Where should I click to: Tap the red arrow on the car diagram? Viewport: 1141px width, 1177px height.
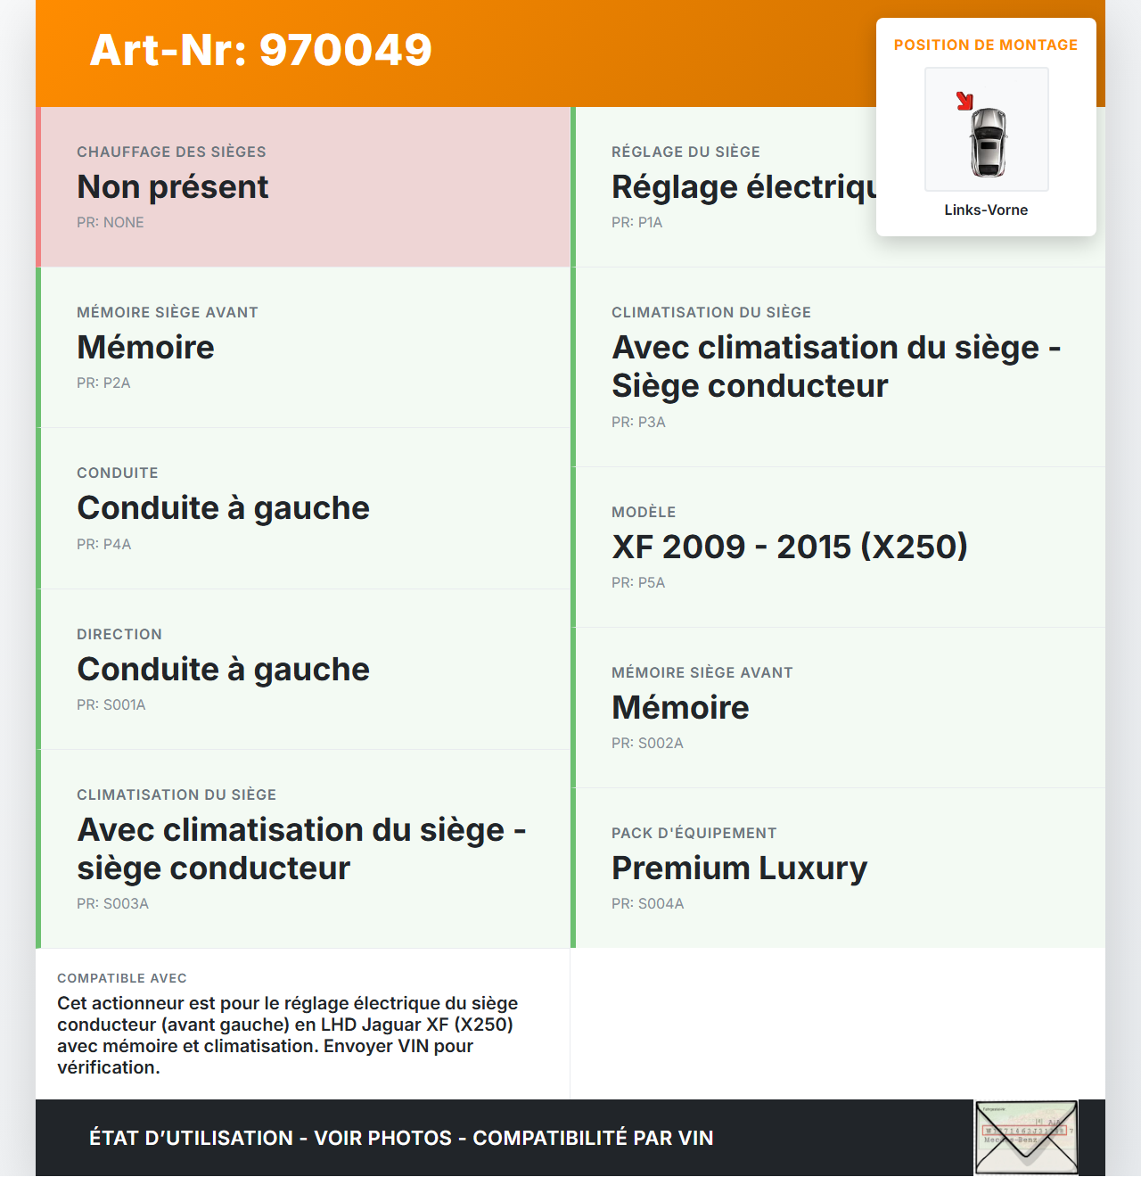965,101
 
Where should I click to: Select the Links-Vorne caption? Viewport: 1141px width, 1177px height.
986,210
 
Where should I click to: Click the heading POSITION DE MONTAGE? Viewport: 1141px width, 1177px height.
986,45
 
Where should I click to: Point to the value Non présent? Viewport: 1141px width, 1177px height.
173,187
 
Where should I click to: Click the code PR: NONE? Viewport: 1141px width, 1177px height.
111,223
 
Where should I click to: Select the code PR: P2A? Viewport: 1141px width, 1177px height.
103,383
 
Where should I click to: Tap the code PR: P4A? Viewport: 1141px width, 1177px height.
103,545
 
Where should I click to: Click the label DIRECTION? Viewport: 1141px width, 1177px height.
119,635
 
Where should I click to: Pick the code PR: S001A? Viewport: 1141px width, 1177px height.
111,705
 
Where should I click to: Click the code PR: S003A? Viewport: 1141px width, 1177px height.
112,904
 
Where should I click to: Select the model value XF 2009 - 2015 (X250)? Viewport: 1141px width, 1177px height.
790,547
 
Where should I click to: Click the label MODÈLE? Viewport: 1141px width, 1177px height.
644,513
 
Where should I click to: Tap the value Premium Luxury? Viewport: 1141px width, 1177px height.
739,868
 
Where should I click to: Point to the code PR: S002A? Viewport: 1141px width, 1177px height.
647,744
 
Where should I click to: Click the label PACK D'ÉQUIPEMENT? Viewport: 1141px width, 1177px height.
694,834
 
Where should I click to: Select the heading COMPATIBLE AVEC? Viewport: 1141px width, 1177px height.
122,979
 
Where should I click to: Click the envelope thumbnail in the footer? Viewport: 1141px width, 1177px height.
1026,1138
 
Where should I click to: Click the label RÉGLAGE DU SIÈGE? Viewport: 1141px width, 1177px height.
685,152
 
